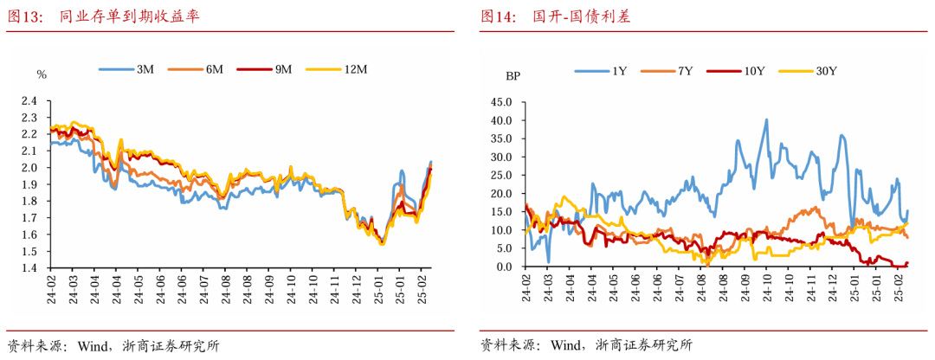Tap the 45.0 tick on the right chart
point(503,101)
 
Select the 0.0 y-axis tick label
point(506,267)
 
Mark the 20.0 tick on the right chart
point(503,193)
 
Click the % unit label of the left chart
point(42,74)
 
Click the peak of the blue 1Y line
point(766,120)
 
